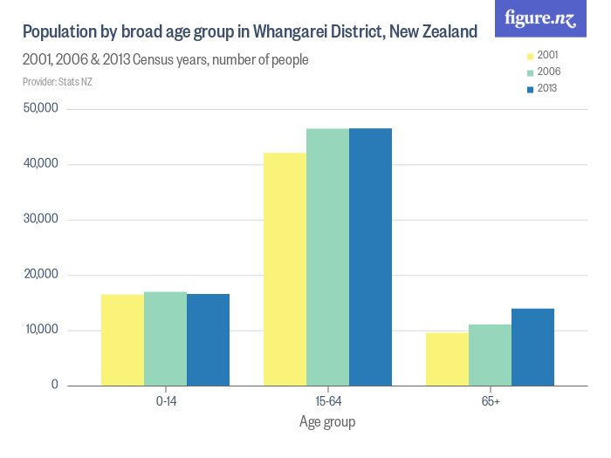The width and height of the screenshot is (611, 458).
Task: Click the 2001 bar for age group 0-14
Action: coord(122,340)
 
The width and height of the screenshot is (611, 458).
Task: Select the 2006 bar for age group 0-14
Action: coord(165,338)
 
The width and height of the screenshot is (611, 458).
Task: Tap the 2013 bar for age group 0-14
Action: coord(208,340)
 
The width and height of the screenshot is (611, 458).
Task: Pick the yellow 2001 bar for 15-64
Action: coord(285,269)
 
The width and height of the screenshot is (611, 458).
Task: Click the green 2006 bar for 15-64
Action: coord(327,257)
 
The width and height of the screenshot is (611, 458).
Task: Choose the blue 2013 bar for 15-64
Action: coord(370,257)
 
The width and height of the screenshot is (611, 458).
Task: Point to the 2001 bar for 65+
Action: coord(447,359)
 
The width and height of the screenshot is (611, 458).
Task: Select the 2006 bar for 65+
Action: coord(490,355)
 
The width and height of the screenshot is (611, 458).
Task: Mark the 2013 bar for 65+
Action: coord(532,347)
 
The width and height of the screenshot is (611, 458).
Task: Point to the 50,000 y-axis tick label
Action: coord(41,109)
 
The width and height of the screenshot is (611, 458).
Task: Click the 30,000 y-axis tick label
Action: coord(41,219)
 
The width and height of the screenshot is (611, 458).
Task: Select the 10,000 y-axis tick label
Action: coord(41,330)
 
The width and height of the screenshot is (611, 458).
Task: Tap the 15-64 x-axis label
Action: coord(327,401)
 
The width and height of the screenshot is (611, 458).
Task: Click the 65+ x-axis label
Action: coord(490,401)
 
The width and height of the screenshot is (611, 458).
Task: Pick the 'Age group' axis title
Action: coord(327,421)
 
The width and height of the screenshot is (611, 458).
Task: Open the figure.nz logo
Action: coord(540,19)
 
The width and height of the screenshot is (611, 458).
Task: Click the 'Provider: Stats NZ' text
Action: coord(57,82)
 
